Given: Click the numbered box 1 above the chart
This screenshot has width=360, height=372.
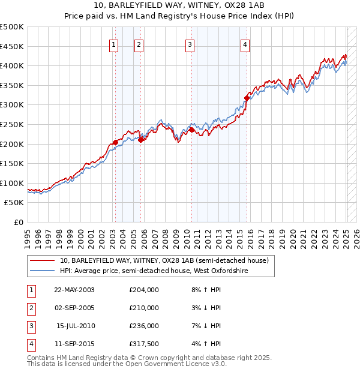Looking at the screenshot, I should tap(114, 44).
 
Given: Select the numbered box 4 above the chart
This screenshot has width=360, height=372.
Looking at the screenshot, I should tap(245, 44).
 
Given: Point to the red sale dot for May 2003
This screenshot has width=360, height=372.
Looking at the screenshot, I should tap(115, 142).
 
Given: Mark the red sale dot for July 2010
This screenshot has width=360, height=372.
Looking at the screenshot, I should tap(191, 130).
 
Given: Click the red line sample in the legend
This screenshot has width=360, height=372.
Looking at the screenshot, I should tap(42, 260).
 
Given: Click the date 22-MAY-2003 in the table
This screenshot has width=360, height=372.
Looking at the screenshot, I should tap(74, 290).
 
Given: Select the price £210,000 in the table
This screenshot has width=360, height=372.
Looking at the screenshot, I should tap(144, 308).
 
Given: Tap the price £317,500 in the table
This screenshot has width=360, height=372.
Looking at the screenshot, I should tap(144, 344).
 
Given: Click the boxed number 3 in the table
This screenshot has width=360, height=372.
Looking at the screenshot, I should tap(30, 326).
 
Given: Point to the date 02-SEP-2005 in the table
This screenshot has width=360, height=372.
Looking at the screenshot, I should tap(74, 308).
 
